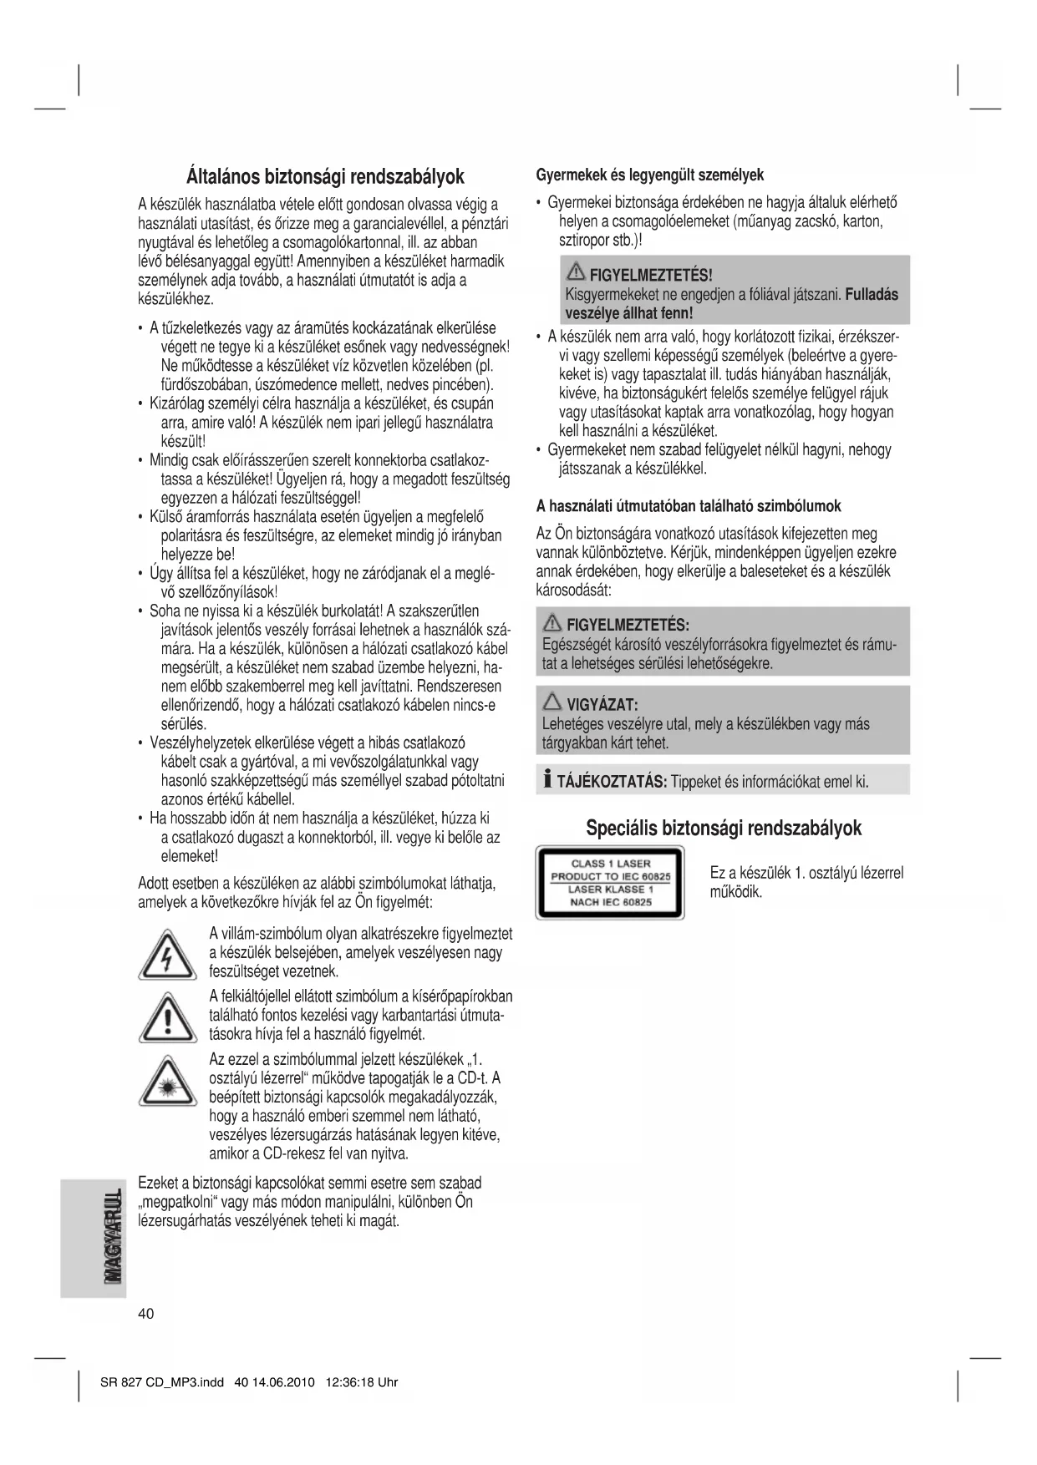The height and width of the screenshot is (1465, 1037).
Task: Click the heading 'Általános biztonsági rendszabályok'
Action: (x=325, y=177)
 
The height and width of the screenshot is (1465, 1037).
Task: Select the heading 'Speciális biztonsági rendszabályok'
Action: (x=724, y=828)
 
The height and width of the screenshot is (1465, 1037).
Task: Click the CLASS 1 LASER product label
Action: (x=610, y=883)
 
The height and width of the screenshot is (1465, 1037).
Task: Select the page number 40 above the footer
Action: (x=146, y=1314)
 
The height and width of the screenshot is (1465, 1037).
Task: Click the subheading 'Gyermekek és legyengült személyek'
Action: (x=649, y=175)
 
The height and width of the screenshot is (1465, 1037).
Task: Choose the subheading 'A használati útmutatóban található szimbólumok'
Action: (x=688, y=506)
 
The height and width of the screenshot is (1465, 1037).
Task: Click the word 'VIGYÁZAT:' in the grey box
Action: (x=602, y=704)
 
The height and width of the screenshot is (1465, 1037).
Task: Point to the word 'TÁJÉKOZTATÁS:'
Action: (x=612, y=782)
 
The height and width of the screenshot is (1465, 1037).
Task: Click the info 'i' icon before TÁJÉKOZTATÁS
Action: (x=547, y=781)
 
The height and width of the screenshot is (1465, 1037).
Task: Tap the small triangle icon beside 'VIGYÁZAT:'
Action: (x=552, y=703)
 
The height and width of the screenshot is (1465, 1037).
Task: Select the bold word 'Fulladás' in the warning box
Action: (x=872, y=294)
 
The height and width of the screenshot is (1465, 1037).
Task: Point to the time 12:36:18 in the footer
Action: (x=349, y=1382)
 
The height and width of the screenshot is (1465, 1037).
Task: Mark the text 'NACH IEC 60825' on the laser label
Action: (x=610, y=902)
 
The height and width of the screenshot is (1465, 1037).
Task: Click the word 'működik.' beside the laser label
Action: (x=736, y=892)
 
